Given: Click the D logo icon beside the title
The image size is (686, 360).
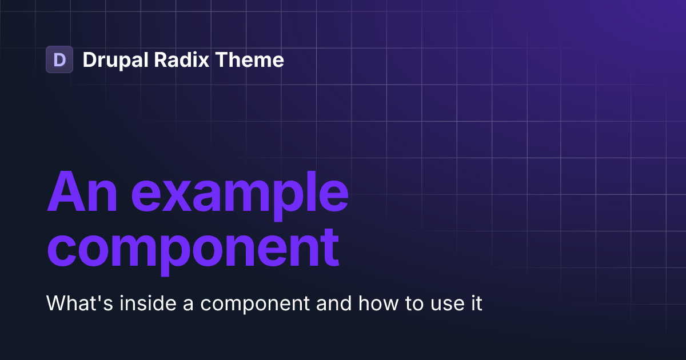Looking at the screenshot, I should click(x=59, y=59).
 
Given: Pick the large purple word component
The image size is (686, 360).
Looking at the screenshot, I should click(x=193, y=249).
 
